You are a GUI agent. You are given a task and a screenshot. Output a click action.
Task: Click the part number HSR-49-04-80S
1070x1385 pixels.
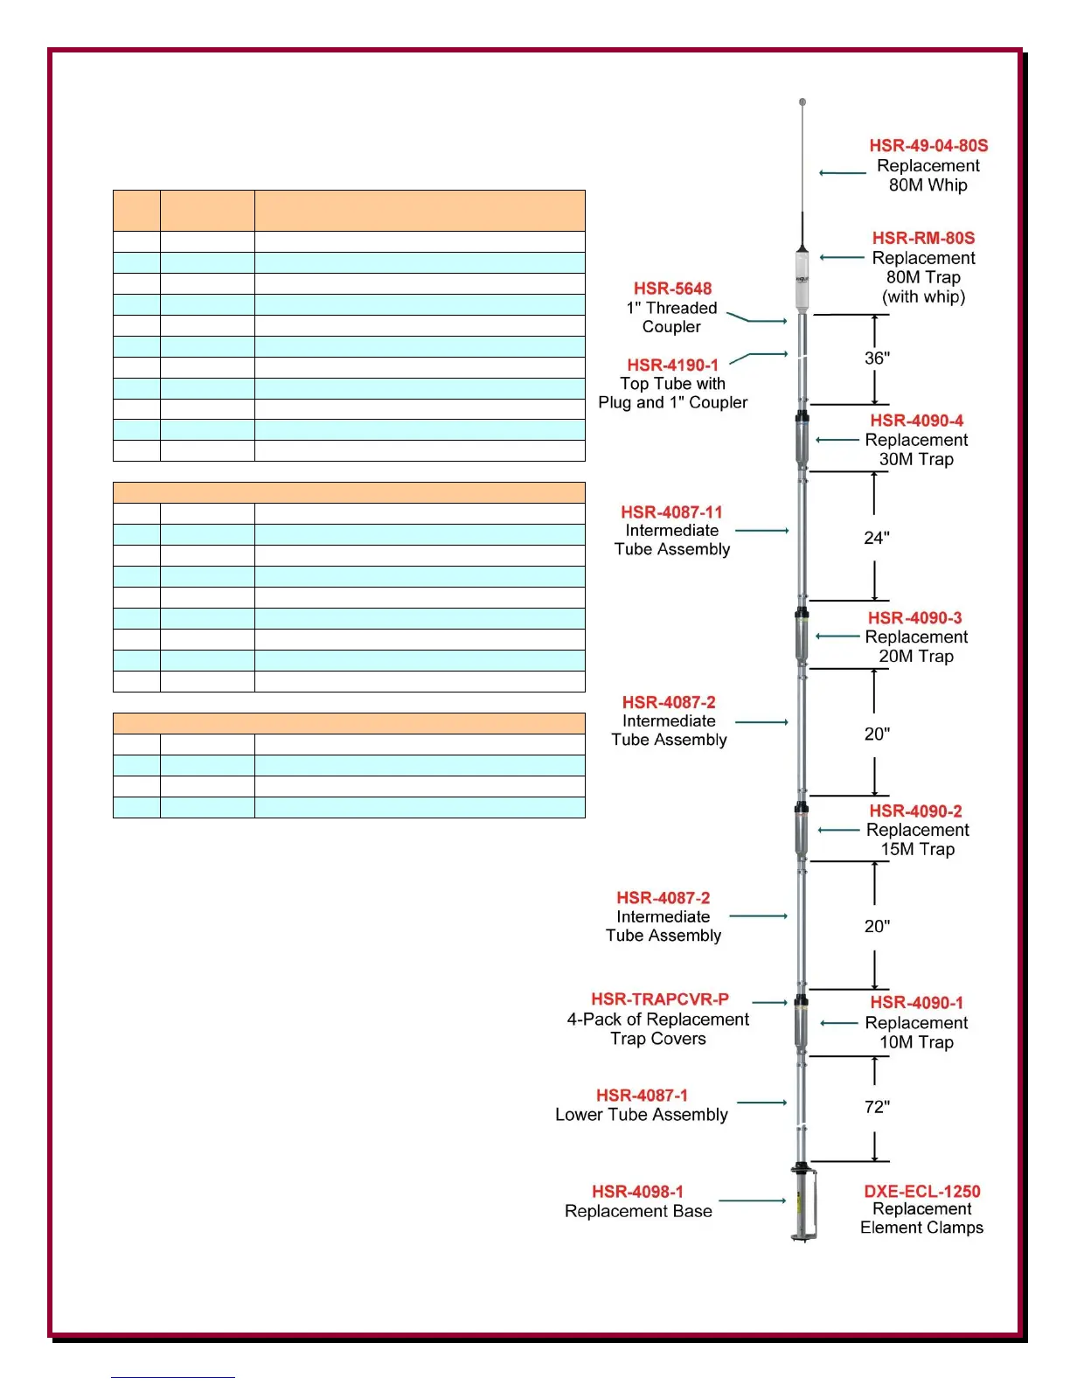pyautogui.click(x=928, y=146)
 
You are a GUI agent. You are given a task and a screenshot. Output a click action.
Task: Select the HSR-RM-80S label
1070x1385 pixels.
pyautogui.click(x=923, y=238)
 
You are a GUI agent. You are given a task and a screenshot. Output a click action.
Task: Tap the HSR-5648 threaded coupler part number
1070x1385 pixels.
pyautogui.click(x=672, y=289)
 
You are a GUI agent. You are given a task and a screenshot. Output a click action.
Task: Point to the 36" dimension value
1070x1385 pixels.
pyautogui.click(x=877, y=358)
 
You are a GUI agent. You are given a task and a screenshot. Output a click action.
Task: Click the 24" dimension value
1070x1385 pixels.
pyautogui.click(x=877, y=538)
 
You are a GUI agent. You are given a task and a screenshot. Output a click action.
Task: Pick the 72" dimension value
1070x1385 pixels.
pyautogui.click(x=877, y=1107)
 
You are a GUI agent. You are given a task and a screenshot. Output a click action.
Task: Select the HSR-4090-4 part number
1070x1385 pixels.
pyautogui.click(x=916, y=421)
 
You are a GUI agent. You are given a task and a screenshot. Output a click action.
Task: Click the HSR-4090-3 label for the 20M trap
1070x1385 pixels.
pyautogui.click(x=914, y=618)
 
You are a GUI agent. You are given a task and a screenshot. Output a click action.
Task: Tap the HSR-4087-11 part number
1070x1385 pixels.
pyautogui.click(x=671, y=512)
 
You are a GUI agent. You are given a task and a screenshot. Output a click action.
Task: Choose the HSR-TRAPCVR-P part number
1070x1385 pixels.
pyautogui.click(x=659, y=999)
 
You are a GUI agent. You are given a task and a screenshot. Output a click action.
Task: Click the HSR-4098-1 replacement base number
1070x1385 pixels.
pyautogui.click(x=637, y=1192)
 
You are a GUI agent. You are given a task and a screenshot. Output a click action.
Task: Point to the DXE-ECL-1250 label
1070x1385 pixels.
pyautogui.click(x=921, y=1192)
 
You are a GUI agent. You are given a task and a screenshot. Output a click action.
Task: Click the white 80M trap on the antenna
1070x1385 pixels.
pyautogui.click(x=802, y=280)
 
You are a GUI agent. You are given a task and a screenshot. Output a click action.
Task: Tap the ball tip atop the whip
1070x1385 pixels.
pyautogui.click(x=802, y=102)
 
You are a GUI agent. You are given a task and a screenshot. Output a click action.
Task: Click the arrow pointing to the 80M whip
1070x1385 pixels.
pyautogui.click(x=842, y=173)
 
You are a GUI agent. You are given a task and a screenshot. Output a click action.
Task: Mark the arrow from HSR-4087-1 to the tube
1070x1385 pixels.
pyautogui.click(x=761, y=1103)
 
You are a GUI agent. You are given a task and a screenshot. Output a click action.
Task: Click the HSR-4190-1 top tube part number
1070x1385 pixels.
pyautogui.click(x=672, y=365)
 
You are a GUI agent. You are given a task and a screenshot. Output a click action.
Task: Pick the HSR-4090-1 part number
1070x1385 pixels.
pyautogui.click(x=916, y=1003)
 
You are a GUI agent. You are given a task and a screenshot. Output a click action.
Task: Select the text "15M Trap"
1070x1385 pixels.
pyautogui.click(x=917, y=850)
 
